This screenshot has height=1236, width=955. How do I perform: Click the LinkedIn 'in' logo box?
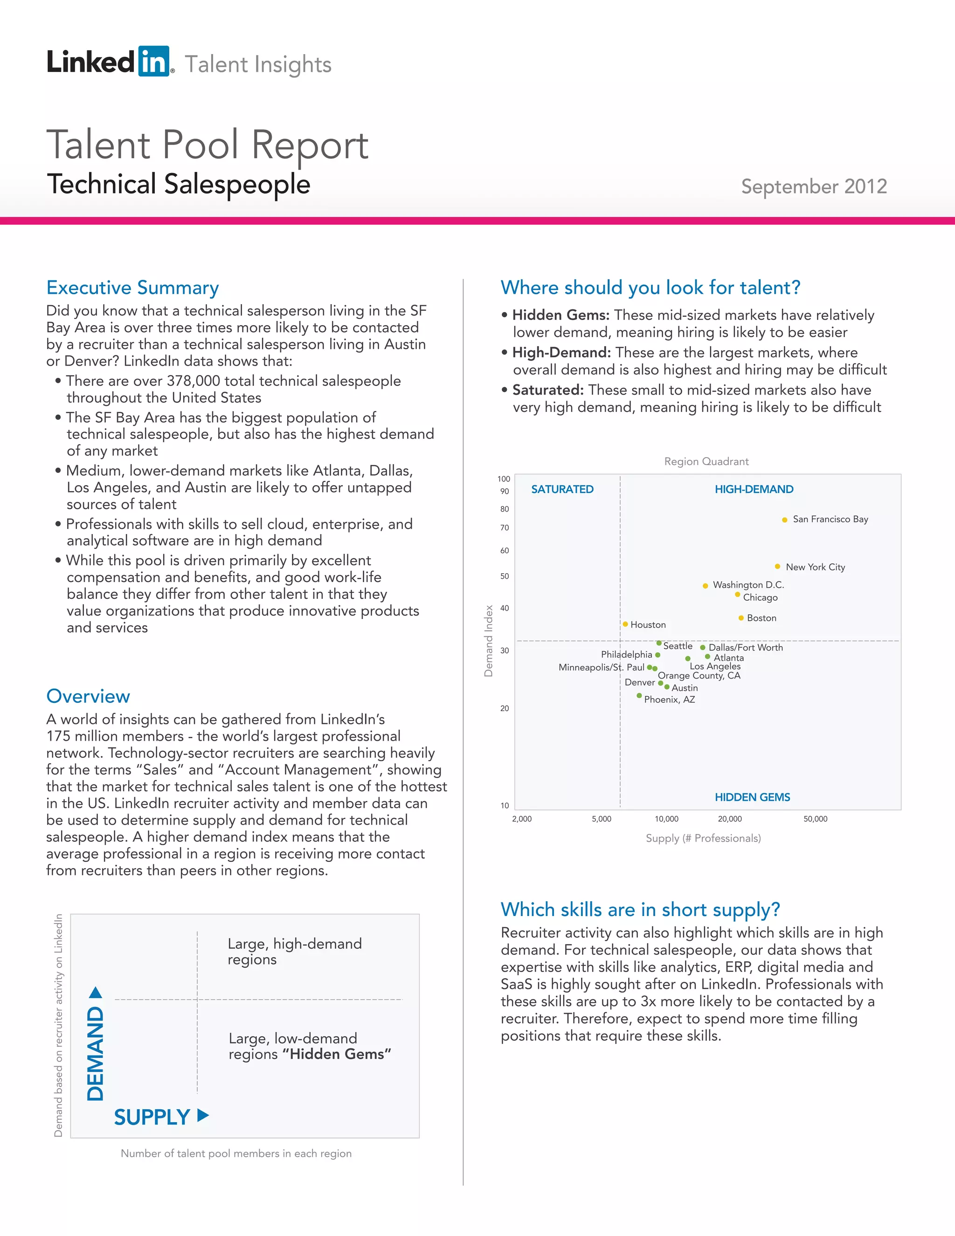[x=153, y=61]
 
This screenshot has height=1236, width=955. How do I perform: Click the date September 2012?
[x=814, y=186]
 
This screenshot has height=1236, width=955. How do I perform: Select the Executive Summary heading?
[x=132, y=287]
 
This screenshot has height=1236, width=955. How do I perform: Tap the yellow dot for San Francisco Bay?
[x=785, y=520]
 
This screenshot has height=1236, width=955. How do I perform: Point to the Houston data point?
[x=625, y=624]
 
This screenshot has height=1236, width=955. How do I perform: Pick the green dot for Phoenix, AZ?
[x=639, y=695]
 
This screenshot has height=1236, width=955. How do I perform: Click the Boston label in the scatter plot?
[x=761, y=618]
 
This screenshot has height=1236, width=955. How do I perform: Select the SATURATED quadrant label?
[x=562, y=489]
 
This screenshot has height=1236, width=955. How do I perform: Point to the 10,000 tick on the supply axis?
[x=666, y=819]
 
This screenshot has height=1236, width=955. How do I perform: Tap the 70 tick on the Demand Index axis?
[x=504, y=528]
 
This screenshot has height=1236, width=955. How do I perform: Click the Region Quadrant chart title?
[x=706, y=461]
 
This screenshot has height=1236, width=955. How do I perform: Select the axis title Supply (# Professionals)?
[x=703, y=838]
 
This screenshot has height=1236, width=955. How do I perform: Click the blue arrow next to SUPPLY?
[x=203, y=1116]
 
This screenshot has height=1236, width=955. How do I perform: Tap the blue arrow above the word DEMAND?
[x=96, y=993]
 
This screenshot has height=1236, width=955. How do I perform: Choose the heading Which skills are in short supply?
[x=640, y=910]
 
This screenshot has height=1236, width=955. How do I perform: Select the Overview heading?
[x=88, y=696]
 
